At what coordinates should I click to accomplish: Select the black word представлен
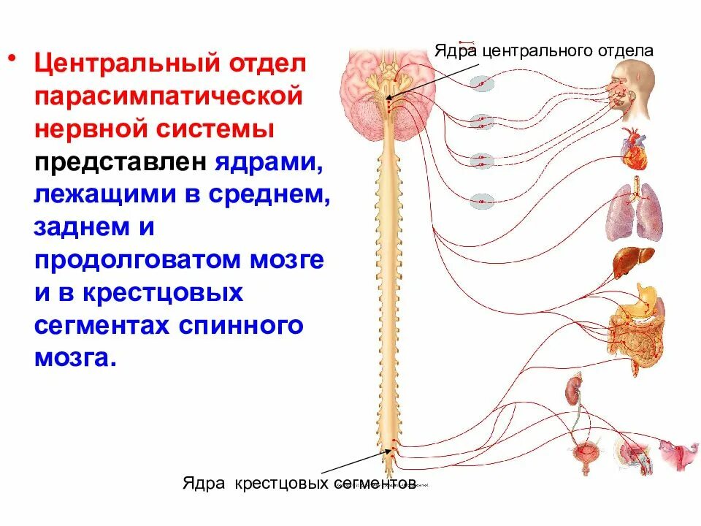(120, 162)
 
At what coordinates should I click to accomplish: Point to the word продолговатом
(131, 261)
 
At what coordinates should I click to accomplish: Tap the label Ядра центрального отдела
(543, 51)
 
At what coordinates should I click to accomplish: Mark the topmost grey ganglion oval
(481, 84)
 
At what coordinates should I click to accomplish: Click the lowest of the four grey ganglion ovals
(482, 201)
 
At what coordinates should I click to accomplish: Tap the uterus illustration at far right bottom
(678, 452)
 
